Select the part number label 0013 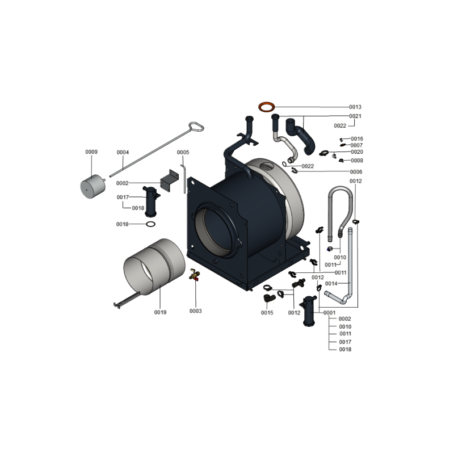[x=355, y=107]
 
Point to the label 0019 [x=160, y=312]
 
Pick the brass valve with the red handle [x=194, y=275]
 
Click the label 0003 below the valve [x=195, y=311]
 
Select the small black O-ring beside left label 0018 [x=150, y=224]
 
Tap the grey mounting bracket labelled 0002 [x=170, y=180]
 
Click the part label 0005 [x=183, y=152]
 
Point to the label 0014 [x=331, y=283]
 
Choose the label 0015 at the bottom [x=267, y=313]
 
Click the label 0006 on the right [x=356, y=172]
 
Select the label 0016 [x=357, y=138]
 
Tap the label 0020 [x=357, y=152]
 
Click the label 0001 [x=330, y=313]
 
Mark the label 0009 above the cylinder [x=91, y=152]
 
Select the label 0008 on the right [x=357, y=161]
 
